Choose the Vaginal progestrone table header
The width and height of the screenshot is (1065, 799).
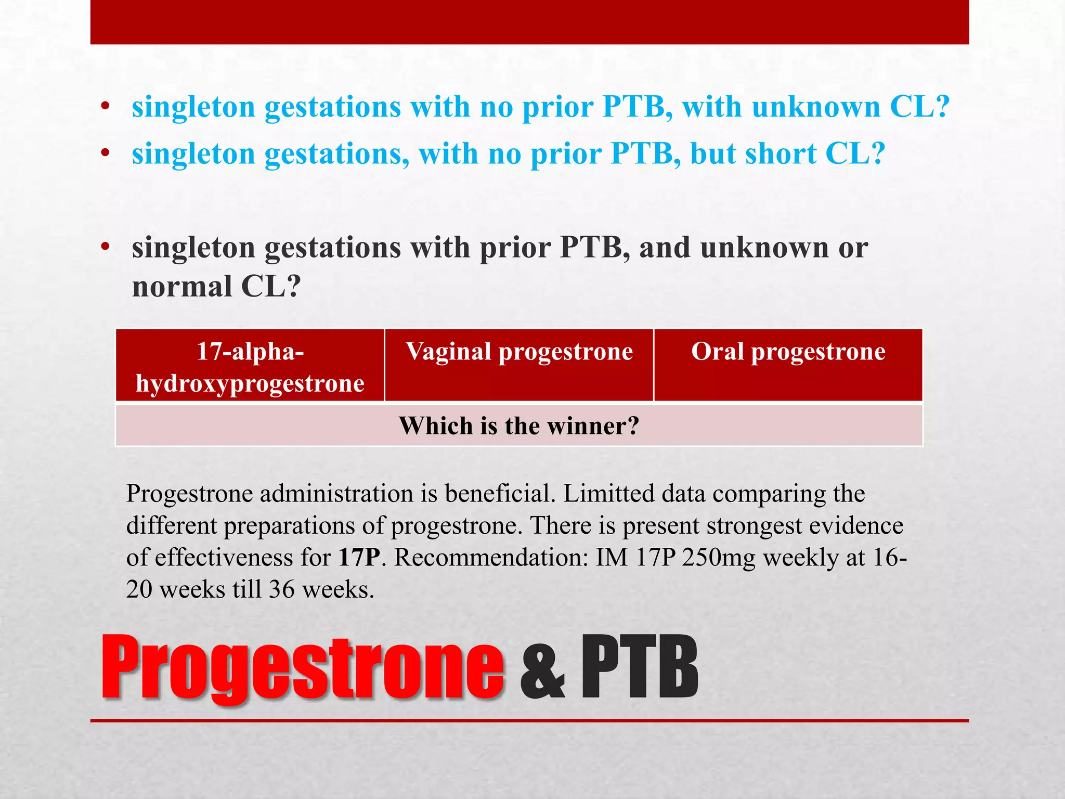(519, 352)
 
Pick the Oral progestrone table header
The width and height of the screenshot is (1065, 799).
(788, 352)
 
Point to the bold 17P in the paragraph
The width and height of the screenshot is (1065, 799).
(359, 558)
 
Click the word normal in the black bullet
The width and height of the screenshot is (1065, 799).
(181, 286)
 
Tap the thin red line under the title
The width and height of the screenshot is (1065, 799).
(529, 721)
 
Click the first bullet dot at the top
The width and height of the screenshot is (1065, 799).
(106, 107)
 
